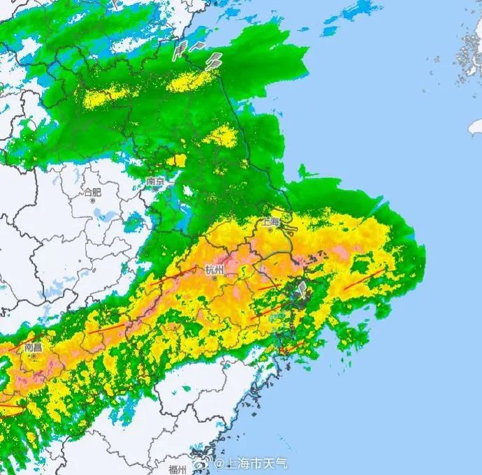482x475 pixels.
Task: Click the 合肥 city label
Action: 92,192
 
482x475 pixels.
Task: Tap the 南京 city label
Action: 155,182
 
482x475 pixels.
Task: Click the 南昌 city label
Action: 32,346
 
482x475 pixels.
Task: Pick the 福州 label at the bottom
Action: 177,469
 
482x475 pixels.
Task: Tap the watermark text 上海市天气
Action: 251,464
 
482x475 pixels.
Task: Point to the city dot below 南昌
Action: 32,355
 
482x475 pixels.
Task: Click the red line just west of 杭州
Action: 171,277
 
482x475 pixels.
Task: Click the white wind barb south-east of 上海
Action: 301,288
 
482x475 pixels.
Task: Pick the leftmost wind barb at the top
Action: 179,50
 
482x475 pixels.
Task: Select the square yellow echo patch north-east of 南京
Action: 180,161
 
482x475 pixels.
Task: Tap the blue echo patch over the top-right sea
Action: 356,11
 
